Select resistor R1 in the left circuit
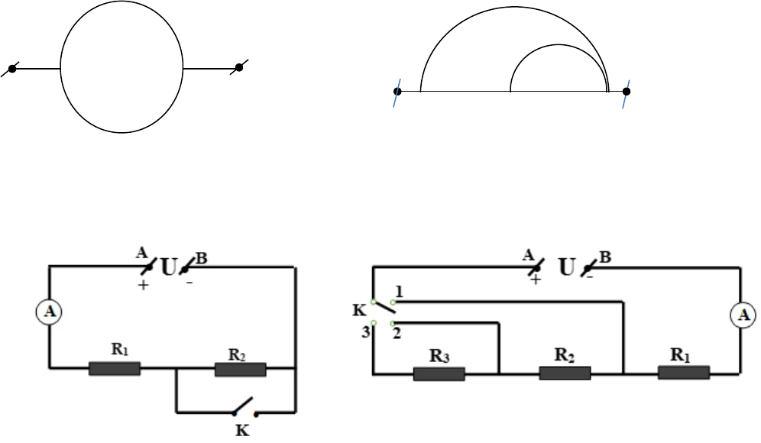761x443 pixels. (114, 368)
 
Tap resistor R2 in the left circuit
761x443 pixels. (240, 369)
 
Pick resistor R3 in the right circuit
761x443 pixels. (439, 373)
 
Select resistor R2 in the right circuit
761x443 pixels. (565, 373)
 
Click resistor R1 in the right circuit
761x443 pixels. (684, 373)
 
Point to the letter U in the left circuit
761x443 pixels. (167, 267)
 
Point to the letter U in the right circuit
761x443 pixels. (567, 267)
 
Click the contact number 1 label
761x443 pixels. (400, 293)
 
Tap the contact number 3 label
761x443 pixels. (364, 333)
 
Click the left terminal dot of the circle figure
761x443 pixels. (11, 69)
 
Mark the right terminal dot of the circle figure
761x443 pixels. (239, 68)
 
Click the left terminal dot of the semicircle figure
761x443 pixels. (397, 92)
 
